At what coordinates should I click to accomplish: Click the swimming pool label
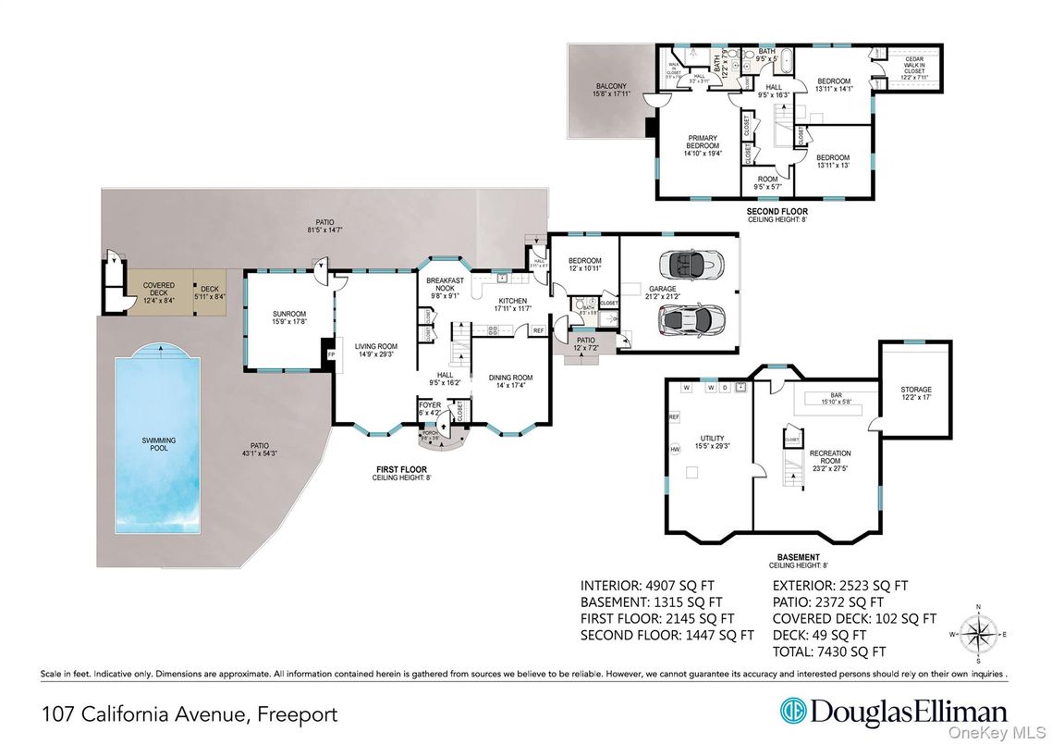[x=158, y=444]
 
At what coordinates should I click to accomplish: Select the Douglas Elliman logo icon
[x=793, y=713]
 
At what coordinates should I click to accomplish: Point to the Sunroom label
[x=288, y=318]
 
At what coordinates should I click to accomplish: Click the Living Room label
[x=374, y=350]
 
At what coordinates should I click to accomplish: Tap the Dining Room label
[x=510, y=380]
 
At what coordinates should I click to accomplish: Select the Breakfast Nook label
[x=444, y=286]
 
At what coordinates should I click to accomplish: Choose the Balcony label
[x=611, y=90]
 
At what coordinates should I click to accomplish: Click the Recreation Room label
[x=829, y=458]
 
